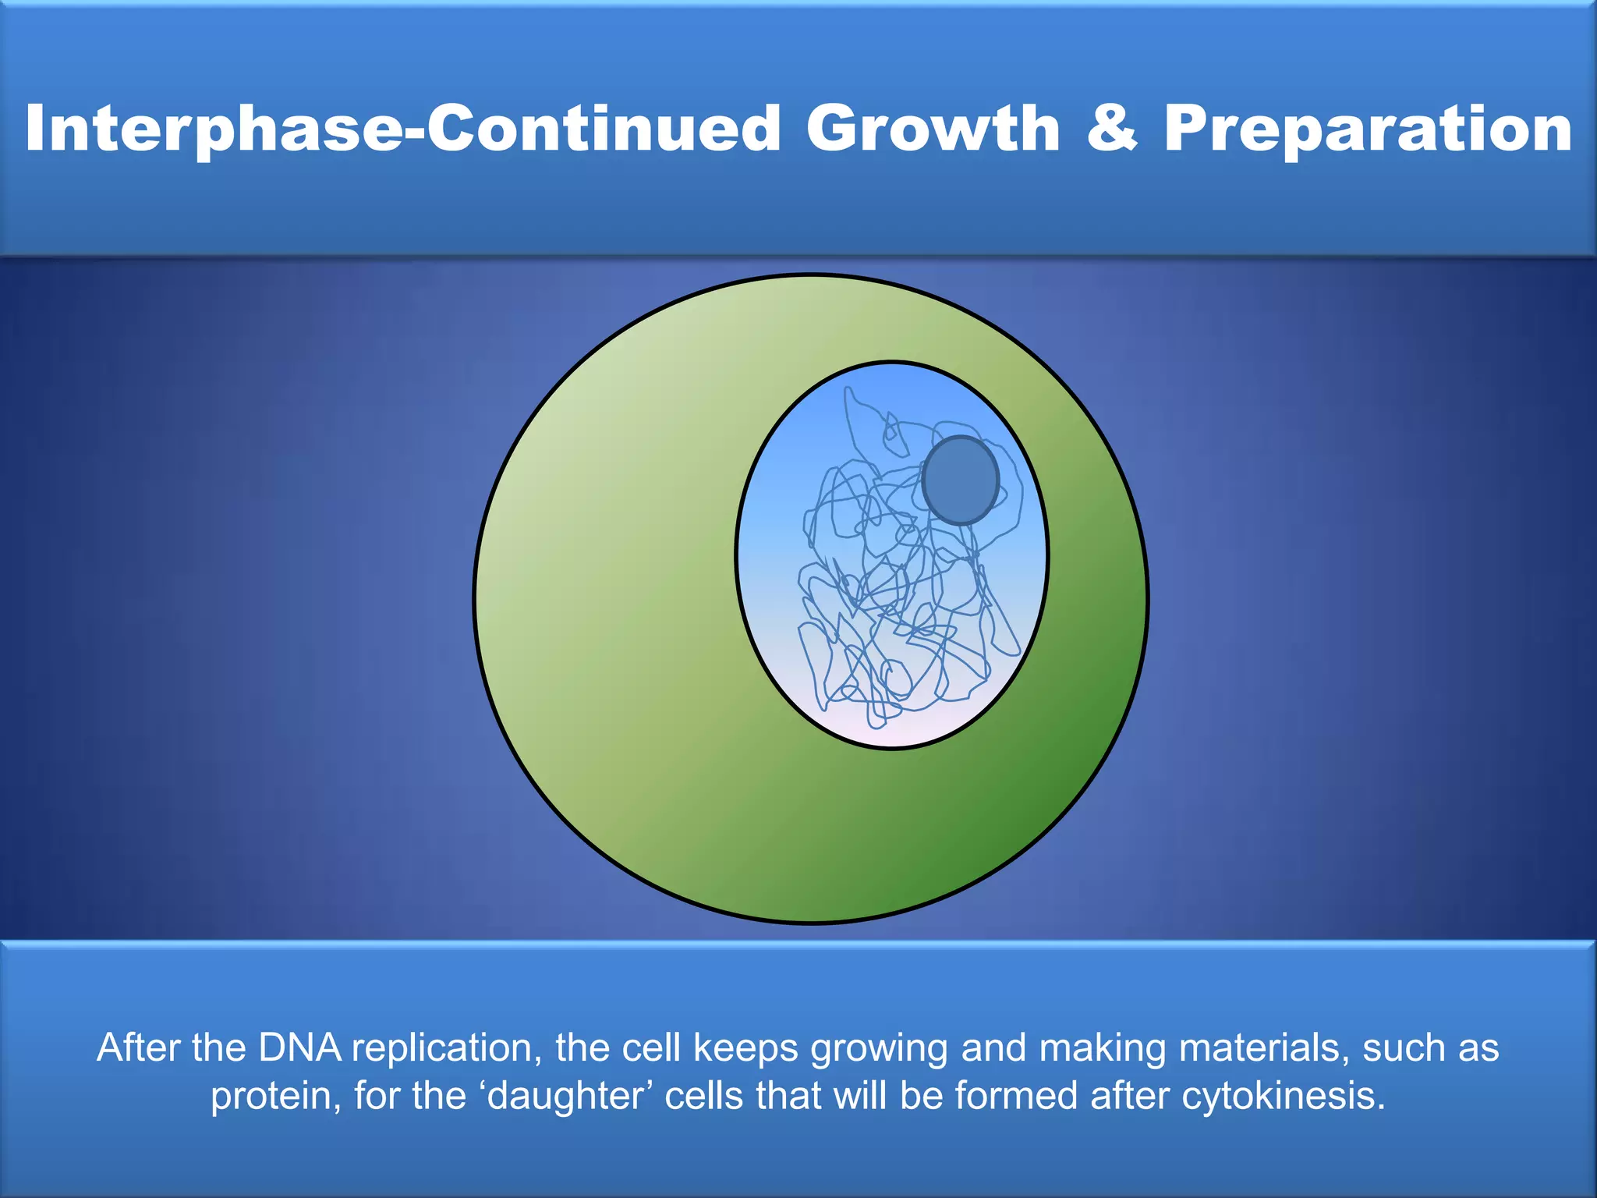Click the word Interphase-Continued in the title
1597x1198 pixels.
tap(402, 129)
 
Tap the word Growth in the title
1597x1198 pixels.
tap(933, 129)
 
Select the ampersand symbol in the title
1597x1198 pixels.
tap(1111, 129)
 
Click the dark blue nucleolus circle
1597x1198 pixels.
tap(961, 480)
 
